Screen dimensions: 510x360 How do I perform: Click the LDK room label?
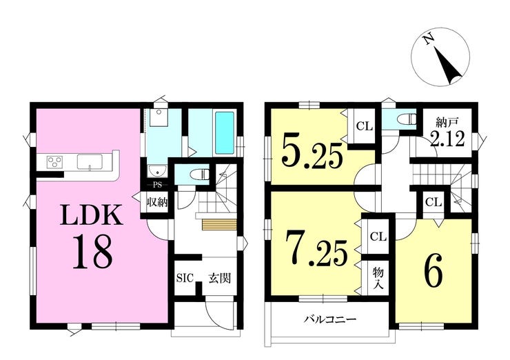point(92,215)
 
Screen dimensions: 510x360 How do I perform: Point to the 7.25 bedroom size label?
point(316,248)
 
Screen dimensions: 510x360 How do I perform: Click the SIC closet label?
point(185,278)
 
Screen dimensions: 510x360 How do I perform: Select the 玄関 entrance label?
point(220,278)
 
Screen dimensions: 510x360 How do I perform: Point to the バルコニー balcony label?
point(330,319)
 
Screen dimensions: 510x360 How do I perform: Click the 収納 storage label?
point(156,203)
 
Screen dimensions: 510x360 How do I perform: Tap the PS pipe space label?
point(157,186)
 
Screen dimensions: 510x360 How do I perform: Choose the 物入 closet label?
point(378,278)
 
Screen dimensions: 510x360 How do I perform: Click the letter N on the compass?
point(429,39)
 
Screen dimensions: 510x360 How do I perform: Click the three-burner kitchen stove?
point(54,162)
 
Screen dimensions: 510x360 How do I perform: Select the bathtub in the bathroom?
point(225,133)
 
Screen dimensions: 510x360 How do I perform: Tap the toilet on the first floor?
point(200,174)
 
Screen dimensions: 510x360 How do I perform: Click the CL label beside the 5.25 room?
point(364,126)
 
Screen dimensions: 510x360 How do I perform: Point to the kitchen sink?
point(90,162)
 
